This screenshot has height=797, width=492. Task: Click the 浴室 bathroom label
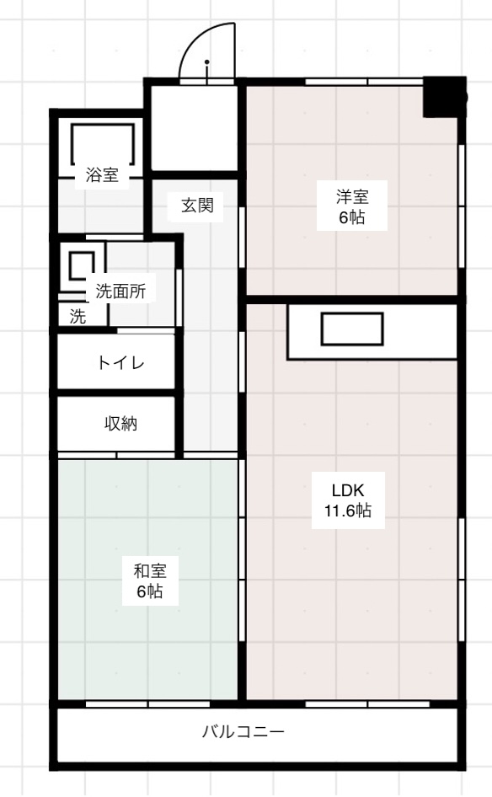pos(102,176)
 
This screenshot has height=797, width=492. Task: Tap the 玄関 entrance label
pos(202,205)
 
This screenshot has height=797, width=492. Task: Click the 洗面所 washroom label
pos(120,292)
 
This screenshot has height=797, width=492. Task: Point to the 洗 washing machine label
pos(78,317)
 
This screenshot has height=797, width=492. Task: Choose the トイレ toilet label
pos(120,363)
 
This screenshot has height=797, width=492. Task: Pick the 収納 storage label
pos(120,424)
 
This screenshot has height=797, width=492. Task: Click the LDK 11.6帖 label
pos(347,500)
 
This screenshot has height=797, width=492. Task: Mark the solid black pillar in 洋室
pos(443,97)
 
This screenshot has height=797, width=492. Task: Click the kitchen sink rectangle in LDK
pos(352,329)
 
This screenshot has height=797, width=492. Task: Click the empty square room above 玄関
pos(194,126)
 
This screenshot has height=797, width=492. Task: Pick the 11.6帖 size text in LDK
pos(347,511)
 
